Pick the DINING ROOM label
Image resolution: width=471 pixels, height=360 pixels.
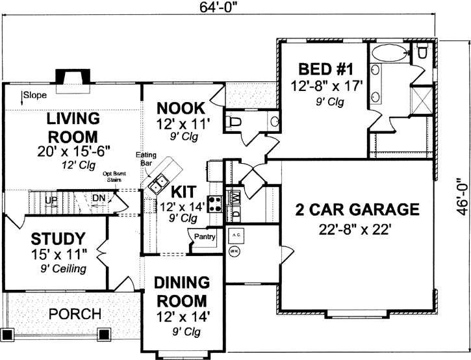click(x=181, y=292)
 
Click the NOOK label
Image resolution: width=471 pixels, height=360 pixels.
click(x=181, y=108)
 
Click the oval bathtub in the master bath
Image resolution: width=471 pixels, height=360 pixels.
click(x=389, y=52)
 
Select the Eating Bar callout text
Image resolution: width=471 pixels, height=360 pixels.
click(x=144, y=160)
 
